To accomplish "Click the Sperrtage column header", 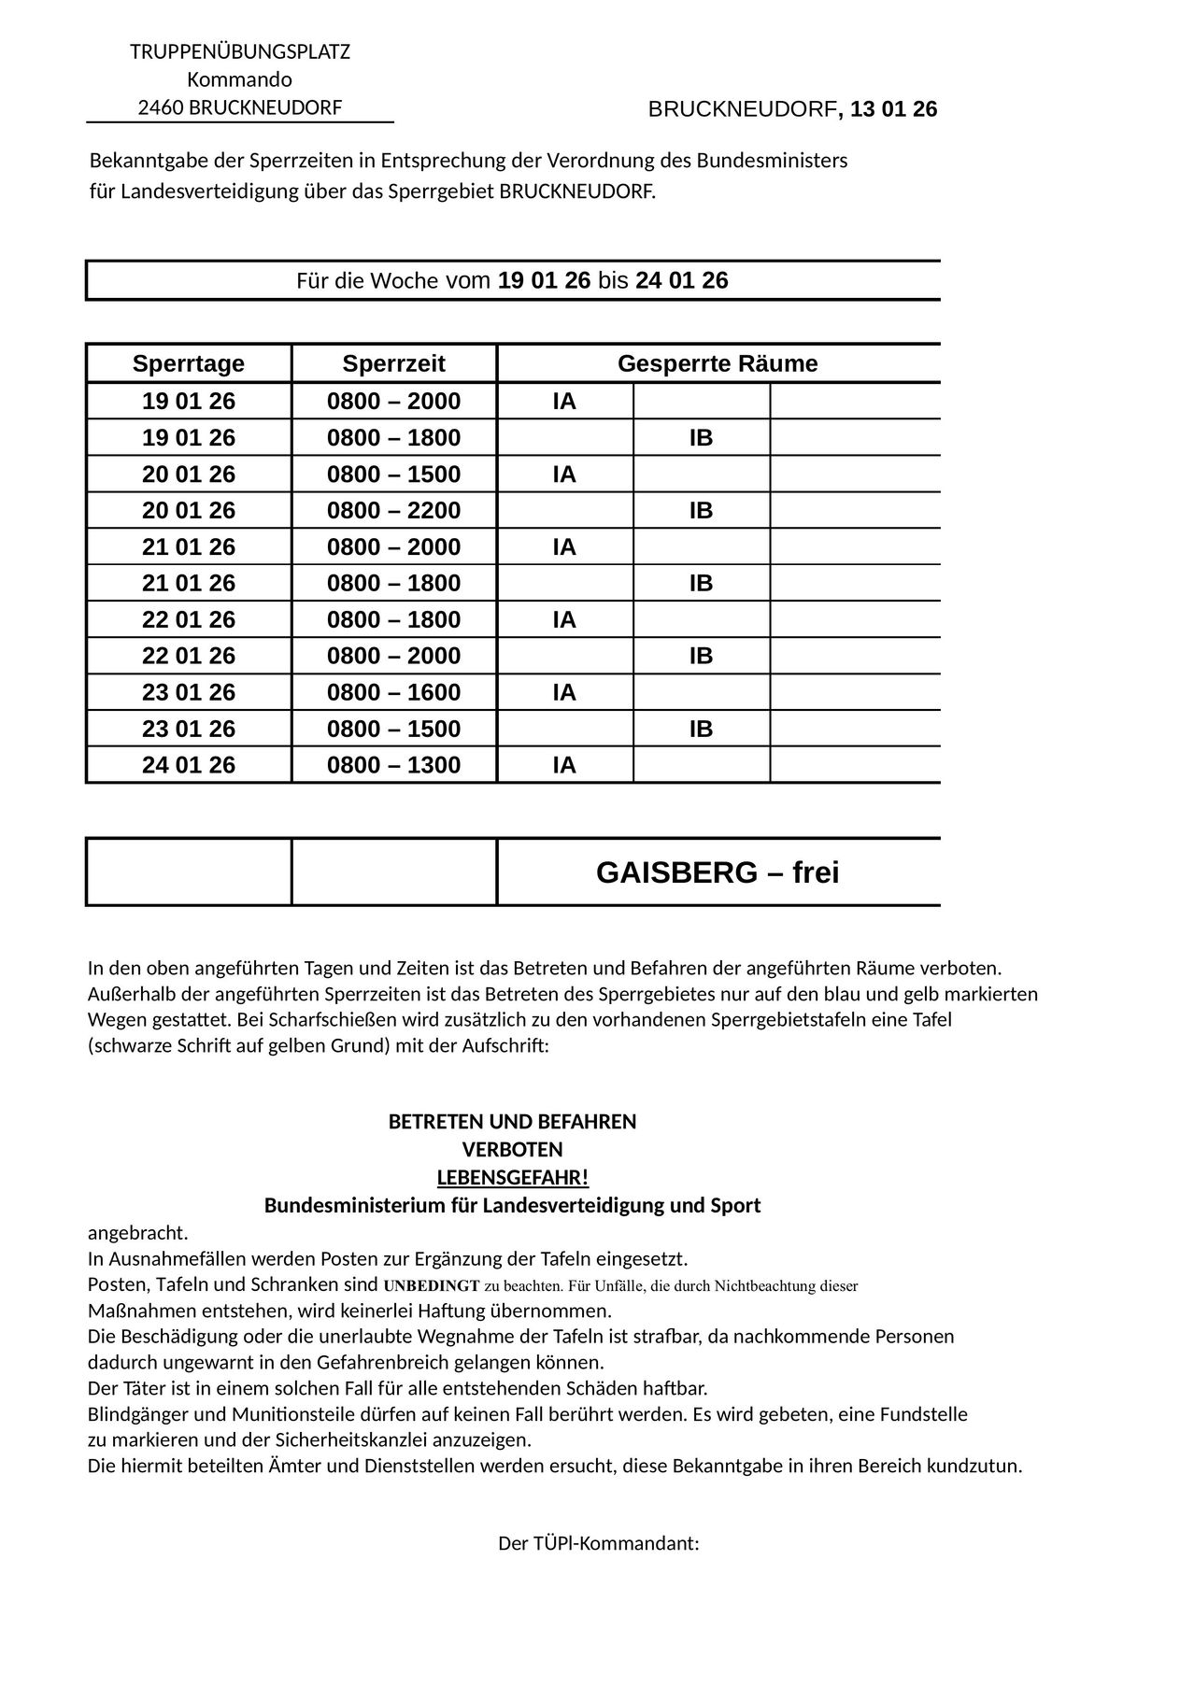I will (x=189, y=363).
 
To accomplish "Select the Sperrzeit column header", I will (x=393, y=363).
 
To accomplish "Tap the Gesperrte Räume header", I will (x=718, y=363).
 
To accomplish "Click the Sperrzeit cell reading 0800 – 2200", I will (x=393, y=510).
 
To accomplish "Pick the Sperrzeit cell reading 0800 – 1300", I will (x=393, y=765).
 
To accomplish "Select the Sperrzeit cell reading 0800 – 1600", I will (x=393, y=692).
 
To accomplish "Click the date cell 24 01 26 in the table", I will (x=189, y=765).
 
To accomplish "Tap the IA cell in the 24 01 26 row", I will (x=564, y=765).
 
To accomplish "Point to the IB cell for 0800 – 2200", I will (x=701, y=510).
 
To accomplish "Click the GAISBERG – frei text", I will (x=718, y=872).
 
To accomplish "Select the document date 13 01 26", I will (x=894, y=110).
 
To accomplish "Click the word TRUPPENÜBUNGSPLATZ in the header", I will (x=240, y=51).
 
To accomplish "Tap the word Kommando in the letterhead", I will (x=240, y=79).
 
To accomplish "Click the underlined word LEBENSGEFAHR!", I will (x=513, y=1177).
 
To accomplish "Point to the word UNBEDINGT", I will (x=432, y=1285).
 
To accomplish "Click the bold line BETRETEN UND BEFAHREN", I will (x=512, y=1122).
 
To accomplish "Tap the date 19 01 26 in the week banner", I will (x=545, y=280).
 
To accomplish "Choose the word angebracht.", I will (x=137, y=1233).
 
